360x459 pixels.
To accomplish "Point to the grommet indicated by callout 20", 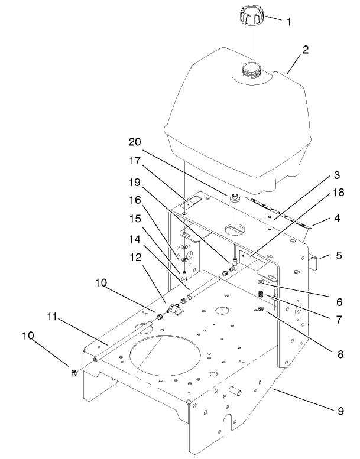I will tap(234, 197).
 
